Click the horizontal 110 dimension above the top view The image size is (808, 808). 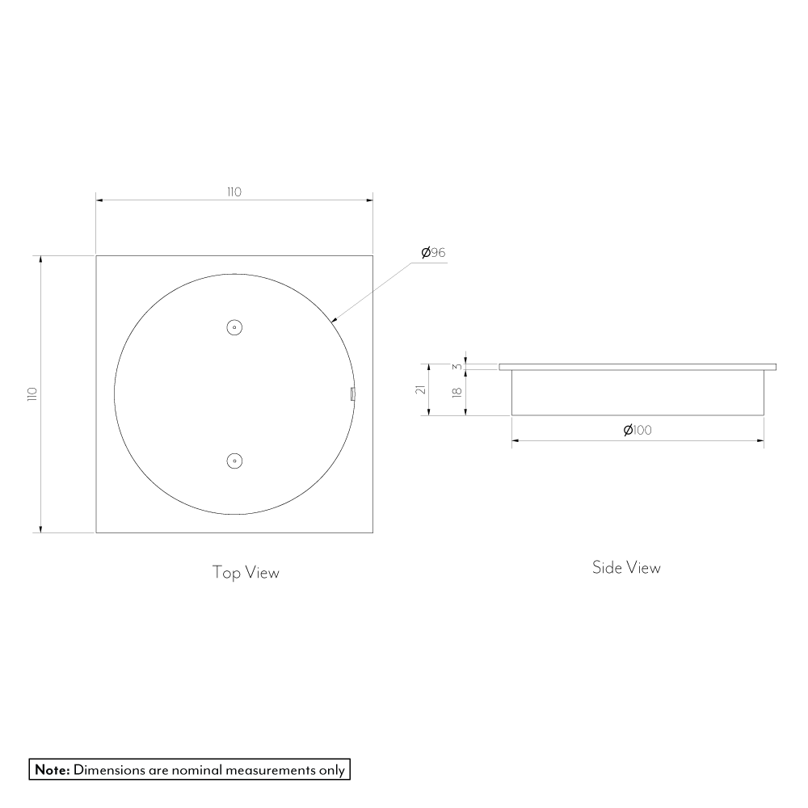(234, 192)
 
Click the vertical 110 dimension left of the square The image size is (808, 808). (32, 393)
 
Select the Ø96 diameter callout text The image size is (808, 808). (433, 253)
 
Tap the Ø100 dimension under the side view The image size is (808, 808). (638, 430)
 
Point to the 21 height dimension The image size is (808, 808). (420, 389)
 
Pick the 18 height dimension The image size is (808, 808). (457, 392)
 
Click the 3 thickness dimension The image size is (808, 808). (457, 366)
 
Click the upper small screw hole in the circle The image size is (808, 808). (234, 327)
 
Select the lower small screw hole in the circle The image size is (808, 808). (234, 461)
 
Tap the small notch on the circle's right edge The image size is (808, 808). (353, 393)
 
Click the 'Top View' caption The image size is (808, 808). (246, 573)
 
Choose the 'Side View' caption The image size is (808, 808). (626, 568)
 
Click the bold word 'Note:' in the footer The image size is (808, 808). (53, 769)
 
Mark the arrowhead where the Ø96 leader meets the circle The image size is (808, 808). (334, 320)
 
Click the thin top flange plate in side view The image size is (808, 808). (638, 367)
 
